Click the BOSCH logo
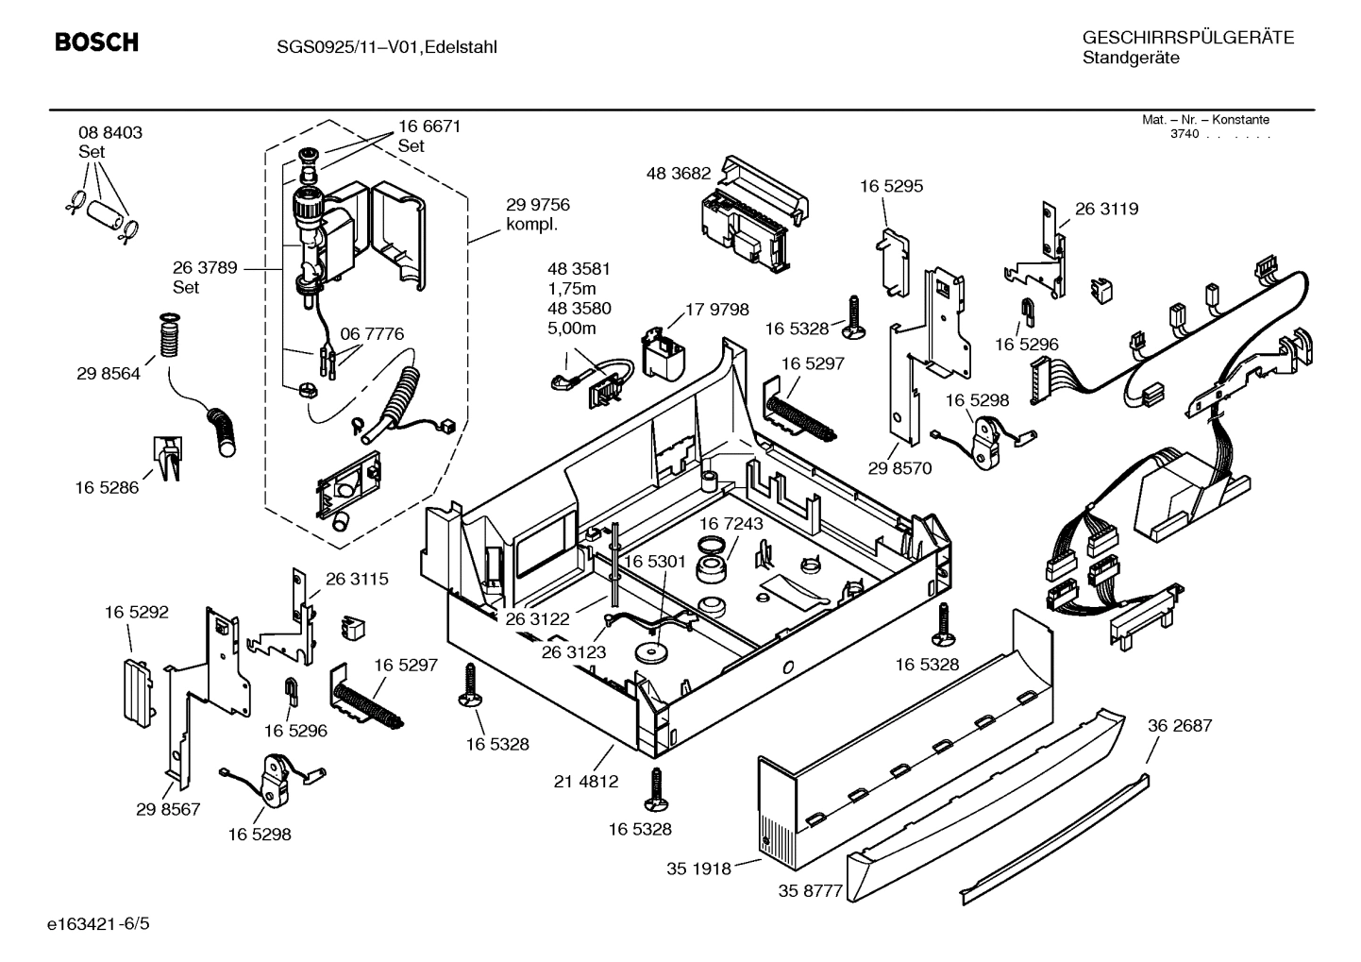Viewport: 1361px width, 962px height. [x=96, y=42]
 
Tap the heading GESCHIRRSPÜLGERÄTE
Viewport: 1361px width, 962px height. [x=1187, y=38]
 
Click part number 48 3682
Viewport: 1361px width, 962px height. [x=678, y=174]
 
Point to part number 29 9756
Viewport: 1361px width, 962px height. [x=537, y=205]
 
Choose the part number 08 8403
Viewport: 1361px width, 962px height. [x=110, y=133]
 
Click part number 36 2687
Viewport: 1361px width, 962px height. [x=1180, y=725]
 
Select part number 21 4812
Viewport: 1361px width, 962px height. [x=585, y=781]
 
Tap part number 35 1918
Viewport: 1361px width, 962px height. [x=698, y=869]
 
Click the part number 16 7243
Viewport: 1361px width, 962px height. [x=731, y=523]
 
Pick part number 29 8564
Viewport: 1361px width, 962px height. [x=109, y=374]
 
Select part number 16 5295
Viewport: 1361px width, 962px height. [x=891, y=186]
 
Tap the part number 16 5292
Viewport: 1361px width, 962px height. [x=137, y=612]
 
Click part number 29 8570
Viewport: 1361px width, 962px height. [x=899, y=468]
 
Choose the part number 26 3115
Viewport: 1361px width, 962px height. [x=357, y=579]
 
